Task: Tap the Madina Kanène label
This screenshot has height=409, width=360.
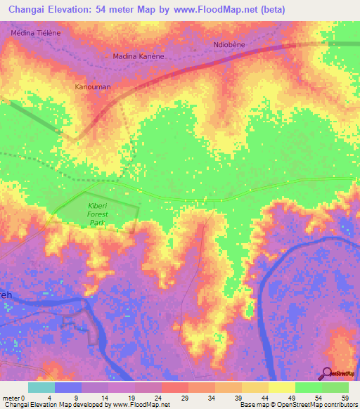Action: click(x=139, y=56)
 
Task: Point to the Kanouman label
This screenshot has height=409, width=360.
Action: click(x=93, y=87)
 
